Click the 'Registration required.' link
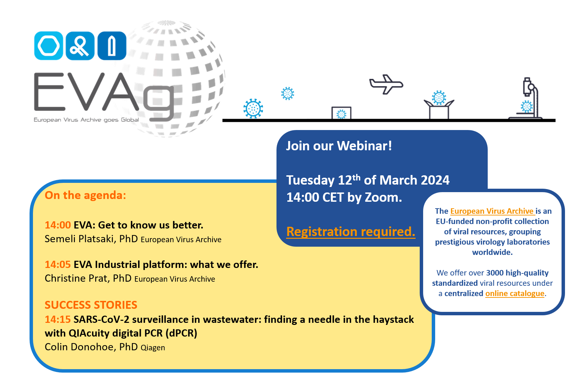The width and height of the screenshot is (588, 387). (x=351, y=232)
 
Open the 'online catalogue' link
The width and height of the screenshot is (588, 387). (x=515, y=293)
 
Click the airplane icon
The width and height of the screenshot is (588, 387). (x=386, y=84)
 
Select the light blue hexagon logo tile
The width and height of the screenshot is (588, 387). (x=48, y=46)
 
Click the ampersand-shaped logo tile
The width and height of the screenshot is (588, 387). (x=80, y=46)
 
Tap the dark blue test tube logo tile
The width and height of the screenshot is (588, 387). (x=112, y=46)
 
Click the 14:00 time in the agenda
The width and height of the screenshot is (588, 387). (x=58, y=225)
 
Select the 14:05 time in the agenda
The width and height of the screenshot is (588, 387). (x=58, y=265)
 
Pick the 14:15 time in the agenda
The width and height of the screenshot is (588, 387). (x=58, y=319)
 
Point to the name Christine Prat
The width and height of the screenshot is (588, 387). (x=76, y=278)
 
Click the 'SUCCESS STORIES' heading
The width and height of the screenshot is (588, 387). (x=91, y=305)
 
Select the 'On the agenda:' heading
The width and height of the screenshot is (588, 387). (x=85, y=195)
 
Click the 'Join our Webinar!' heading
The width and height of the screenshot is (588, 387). (x=339, y=146)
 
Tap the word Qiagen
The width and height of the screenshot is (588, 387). (x=153, y=348)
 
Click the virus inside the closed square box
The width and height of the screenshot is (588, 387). (x=341, y=114)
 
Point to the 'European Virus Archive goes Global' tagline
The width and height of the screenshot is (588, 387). (x=86, y=120)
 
